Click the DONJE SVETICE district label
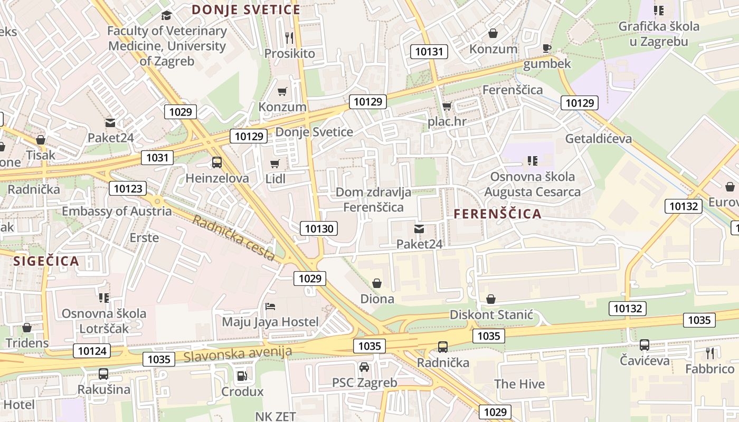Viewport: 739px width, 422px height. [246, 9]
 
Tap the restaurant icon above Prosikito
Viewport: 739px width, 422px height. [289, 37]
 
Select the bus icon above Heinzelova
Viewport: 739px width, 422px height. [217, 162]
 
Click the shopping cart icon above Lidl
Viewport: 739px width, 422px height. [274, 164]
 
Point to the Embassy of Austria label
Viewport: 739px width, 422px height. [117, 211]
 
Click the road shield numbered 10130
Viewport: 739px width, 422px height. [319, 228]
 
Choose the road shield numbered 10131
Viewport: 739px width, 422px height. [429, 51]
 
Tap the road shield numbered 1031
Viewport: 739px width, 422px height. [157, 157]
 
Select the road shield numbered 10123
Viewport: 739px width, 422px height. [128, 188]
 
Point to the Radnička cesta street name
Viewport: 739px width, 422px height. [233, 238]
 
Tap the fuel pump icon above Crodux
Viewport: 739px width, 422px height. [242, 376]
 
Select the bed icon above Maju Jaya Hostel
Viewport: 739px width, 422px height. [270, 306]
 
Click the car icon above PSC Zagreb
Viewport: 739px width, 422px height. [364, 367]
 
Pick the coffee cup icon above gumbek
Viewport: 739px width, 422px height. [547, 49]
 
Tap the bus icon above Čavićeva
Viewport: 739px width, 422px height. [645, 345]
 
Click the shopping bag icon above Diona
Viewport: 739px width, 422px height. [377, 283]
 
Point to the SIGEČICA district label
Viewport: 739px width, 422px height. [46, 261]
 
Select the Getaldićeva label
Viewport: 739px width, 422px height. [598, 139]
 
